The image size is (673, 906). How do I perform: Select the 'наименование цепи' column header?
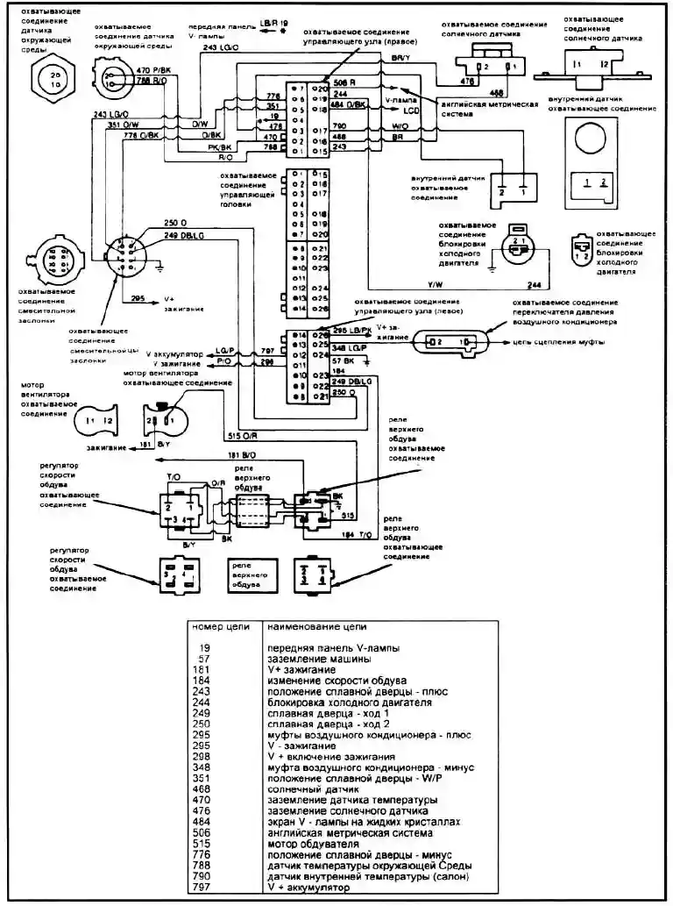(316, 627)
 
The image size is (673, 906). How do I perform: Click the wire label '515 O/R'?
(240, 435)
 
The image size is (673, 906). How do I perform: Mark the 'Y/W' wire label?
(435, 285)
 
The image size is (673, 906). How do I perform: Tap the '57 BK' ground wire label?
(344, 360)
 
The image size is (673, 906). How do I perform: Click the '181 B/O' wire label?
(241, 455)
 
